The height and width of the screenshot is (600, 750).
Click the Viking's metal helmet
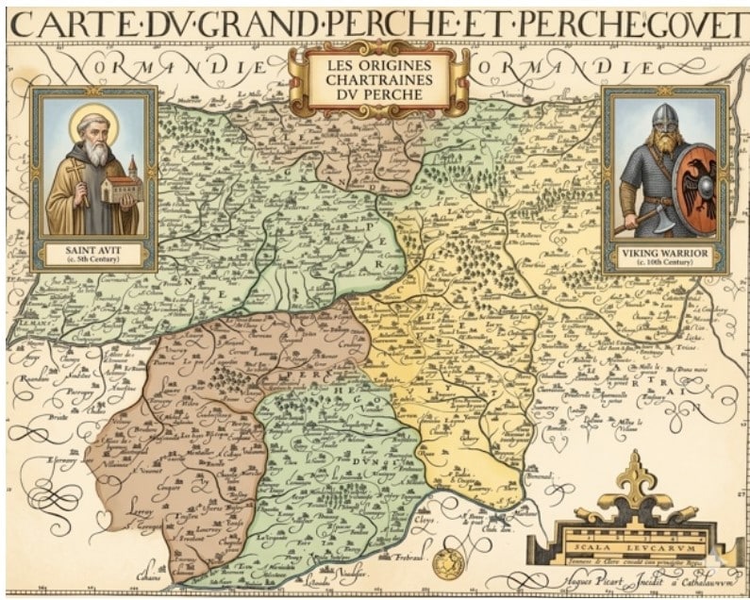(664, 118)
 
